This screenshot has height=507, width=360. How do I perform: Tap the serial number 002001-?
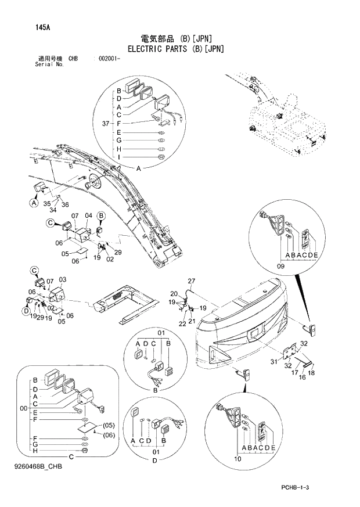point(110,59)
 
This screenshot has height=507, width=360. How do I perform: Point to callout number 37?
point(105,123)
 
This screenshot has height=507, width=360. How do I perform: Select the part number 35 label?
point(46,204)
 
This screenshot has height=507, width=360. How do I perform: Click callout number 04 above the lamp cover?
point(88,216)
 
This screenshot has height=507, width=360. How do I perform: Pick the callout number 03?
point(63,280)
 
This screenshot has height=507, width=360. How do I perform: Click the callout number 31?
point(274,363)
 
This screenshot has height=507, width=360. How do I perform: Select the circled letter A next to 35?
point(34,203)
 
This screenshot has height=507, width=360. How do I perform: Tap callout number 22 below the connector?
point(181,323)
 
